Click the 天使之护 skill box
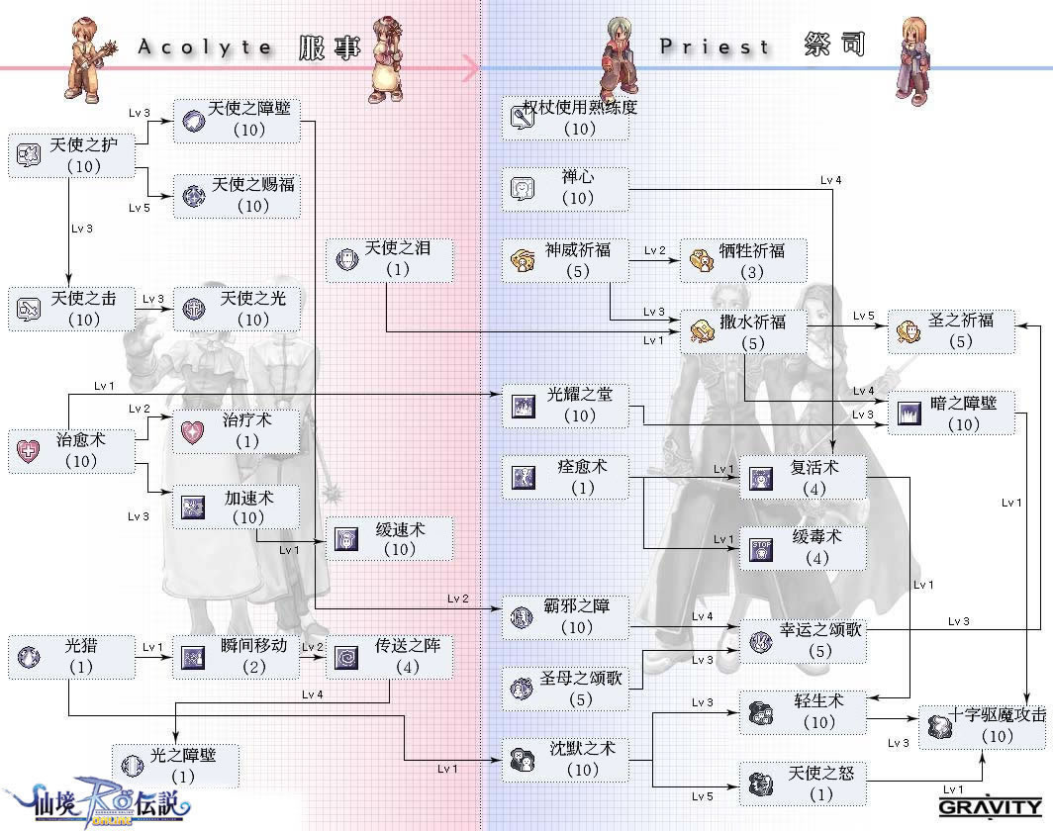(x=70, y=156)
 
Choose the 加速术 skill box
(x=236, y=507)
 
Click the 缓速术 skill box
(x=390, y=539)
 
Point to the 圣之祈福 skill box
(x=951, y=331)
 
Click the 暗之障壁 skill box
(x=951, y=414)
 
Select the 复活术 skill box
(x=803, y=477)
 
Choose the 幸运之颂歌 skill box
(x=803, y=641)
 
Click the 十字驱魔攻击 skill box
(x=983, y=726)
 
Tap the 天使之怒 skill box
(x=803, y=783)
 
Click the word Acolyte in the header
(x=205, y=46)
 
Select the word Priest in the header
(x=715, y=46)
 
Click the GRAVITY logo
(x=989, y=806)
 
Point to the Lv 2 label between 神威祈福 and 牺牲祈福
(x=655, y=251)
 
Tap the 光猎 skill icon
(x=29, y=657)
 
